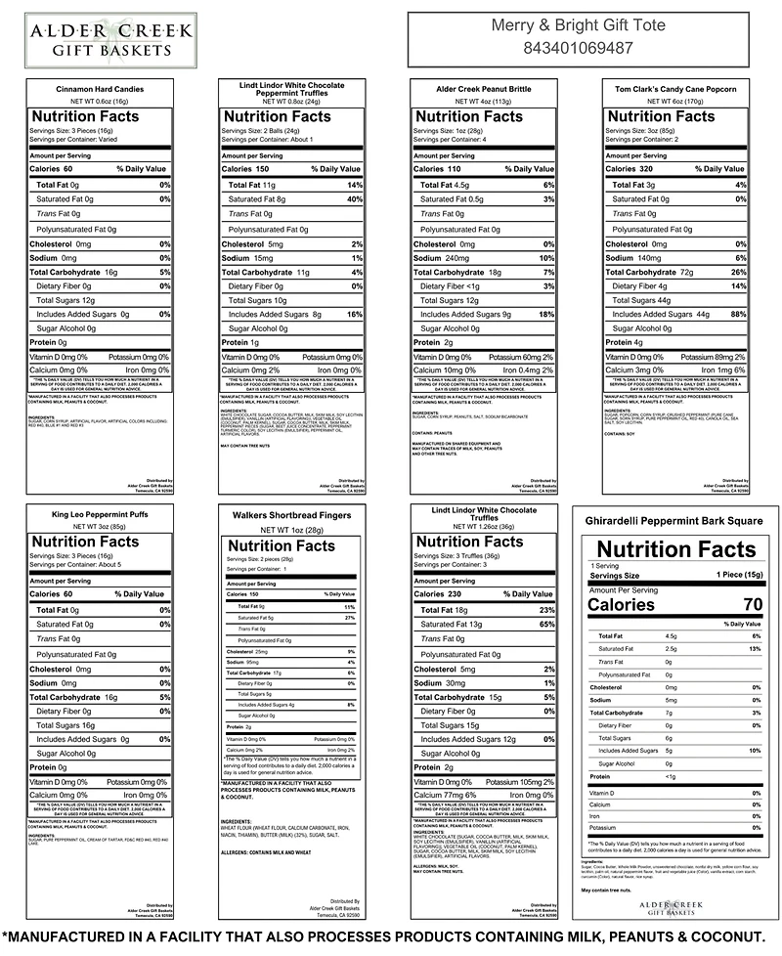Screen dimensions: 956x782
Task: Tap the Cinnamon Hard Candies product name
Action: coord(100,89)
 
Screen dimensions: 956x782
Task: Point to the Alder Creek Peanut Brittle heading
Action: coord(483,89)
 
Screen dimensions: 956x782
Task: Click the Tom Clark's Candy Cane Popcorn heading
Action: coord(675,89)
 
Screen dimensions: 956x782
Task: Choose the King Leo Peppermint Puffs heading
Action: coord(100,514)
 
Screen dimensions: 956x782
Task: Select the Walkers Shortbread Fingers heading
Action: coord(291,514)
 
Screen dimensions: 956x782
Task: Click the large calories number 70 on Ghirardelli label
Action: coord(751,604)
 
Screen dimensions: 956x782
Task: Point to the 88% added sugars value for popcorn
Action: coord(738,315)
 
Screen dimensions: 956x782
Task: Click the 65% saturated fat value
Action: coord(546,624)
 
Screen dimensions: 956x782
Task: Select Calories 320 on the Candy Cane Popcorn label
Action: coord(633,169)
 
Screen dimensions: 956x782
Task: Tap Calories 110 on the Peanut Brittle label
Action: coord(442,169)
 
